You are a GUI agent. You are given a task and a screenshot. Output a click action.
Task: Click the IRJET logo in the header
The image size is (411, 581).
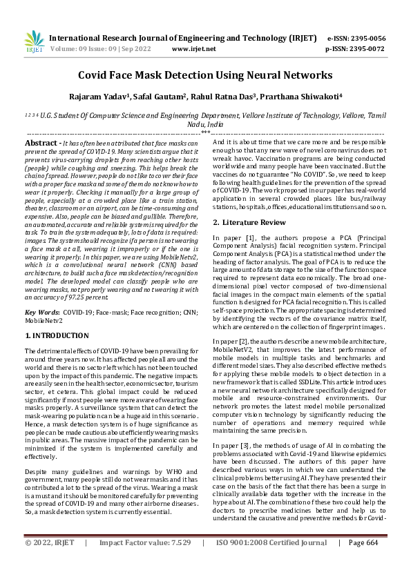point(33,43)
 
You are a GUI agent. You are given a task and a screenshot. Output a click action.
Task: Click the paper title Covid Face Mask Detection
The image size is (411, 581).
point(205,75)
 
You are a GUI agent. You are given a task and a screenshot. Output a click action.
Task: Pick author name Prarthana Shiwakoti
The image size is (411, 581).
point(287,97)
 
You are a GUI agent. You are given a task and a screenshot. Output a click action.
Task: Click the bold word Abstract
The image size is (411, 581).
point(43,141)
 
